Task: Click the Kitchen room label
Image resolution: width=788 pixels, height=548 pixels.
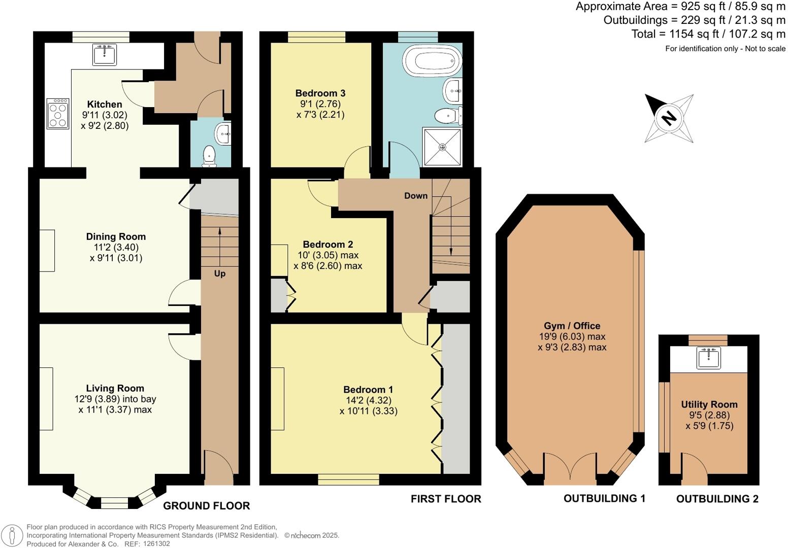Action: pyautogui.click(x=105, y=105)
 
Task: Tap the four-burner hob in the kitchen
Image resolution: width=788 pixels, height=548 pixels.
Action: pyautogui.click(x=57, y=113)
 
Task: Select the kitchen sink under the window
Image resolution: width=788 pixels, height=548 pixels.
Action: pyautogui.click(x=105, y=54)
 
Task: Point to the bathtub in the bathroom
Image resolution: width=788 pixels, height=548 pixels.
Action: pyautogui.click(x=437, y=61)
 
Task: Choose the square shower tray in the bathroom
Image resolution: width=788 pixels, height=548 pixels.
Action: pyautogui.click(x=442, y=147)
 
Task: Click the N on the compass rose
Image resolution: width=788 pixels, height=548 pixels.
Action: pyautogui.click(x=669, y=118)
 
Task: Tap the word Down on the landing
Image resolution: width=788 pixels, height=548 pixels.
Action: pyautogui.click(x=416, y=196)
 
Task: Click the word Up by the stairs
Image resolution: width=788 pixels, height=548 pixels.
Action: pyautogui.click(x=219, y=273)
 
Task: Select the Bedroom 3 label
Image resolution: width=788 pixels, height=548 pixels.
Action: pyautogui.click(x=320, y=93)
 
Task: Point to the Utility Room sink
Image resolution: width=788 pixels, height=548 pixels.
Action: pyautogui.click(x=708, y=358)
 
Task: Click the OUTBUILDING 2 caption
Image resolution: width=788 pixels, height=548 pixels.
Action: pyautogui.click(x=717, y=499)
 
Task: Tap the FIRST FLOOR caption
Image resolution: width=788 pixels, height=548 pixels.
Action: pyautogui.click(x=446, y=499)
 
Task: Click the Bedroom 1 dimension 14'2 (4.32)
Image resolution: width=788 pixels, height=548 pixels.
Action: pyautogui.click(x=368, y=400)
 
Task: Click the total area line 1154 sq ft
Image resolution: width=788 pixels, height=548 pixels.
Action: pyautogui.click(x=708, y=34)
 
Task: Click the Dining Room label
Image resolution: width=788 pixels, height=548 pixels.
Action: pyautogui.click(x=116, y=236)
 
